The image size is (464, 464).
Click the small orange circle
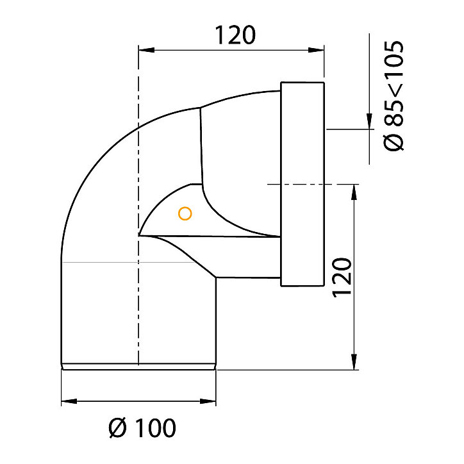185,213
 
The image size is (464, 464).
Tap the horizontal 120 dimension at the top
235,35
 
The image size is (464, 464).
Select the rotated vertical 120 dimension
342,278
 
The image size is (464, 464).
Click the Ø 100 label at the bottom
142,427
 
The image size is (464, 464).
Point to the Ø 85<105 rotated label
394,95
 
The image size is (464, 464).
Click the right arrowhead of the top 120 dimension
316,50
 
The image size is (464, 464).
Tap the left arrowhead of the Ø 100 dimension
69,401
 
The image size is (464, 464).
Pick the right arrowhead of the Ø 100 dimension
208,401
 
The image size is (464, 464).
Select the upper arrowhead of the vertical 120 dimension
354,192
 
